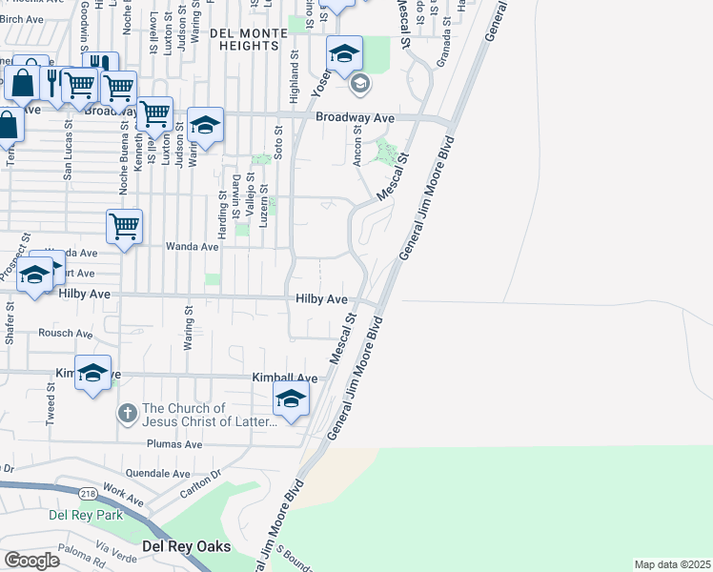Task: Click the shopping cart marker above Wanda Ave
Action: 124,228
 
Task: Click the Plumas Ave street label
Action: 174,444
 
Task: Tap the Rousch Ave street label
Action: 66,334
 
